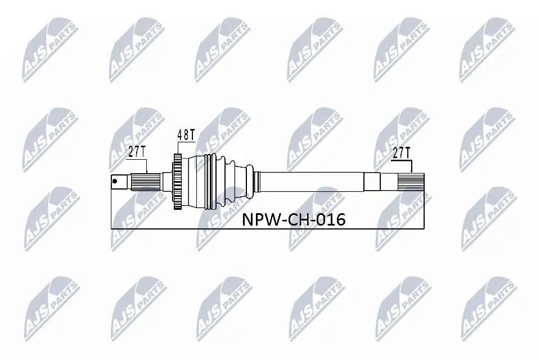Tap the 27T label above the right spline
point(400,152)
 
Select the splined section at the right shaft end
point(410,181)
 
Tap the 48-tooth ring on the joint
point(178,181)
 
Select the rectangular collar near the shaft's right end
point(372,181)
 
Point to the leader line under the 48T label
point(178,147)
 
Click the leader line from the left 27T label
point(147,165)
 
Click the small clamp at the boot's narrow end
point(256,181)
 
